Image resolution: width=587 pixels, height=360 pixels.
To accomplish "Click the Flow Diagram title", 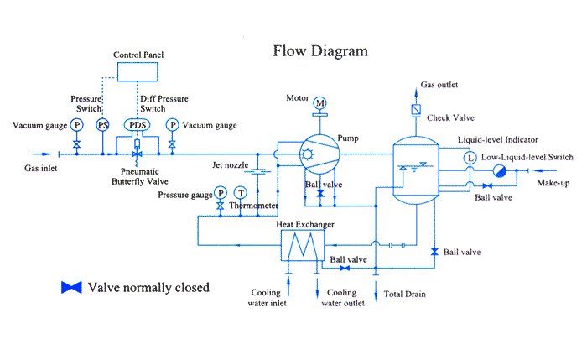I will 320,50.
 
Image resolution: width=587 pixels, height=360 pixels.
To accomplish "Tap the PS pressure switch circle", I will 102,125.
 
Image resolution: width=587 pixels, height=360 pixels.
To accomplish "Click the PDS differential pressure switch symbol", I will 136,125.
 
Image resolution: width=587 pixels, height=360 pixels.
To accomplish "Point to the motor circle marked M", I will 319,103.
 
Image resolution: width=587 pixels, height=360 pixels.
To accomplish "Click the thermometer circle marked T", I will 240,194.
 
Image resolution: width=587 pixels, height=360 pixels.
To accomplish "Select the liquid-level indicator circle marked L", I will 470,156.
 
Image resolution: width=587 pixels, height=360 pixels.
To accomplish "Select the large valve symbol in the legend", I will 71,288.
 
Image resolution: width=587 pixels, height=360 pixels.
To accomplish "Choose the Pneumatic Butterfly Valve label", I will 137,175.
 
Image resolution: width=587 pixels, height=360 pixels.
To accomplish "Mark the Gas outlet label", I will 439,86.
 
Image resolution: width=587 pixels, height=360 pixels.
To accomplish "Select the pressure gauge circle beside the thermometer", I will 220,194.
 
